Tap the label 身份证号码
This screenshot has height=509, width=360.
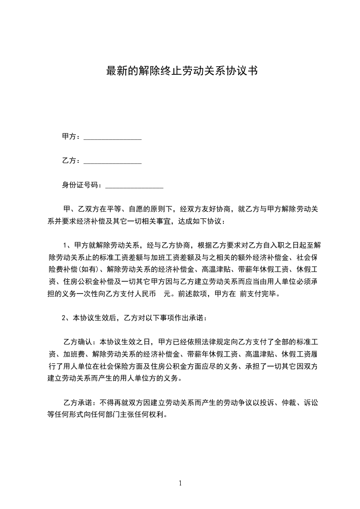coord(80,185)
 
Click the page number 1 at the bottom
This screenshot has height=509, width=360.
coord(180,483)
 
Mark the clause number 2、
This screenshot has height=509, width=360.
coord(66,318)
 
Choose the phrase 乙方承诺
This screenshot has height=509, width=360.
coord(78,402)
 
